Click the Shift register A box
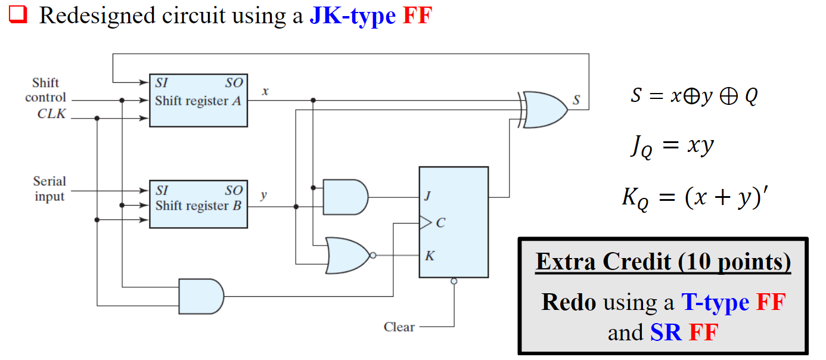pyautogui.click(x=198, y=100)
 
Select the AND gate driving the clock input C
pyautogui.click(x=201, y=296)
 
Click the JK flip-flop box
pyautogui.click(x=454, y=222)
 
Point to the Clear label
pyautogui.click(x=399, y=327)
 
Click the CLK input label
pyautogui.click(x=52, y=113)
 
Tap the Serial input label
pyautogui.click(x=49, y=188)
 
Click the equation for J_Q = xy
pyautogui.click(x=671, y=146)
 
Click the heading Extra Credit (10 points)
pyautogui.click(x=663, y=262)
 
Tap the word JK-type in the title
pyautogui.click(x=352, y=15)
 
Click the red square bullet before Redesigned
pyautogui.click(x=18, y=15)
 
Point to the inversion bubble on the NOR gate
pyautogui.click(x=372, y=256)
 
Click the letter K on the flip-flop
pyautogui.click(x=430, y=256)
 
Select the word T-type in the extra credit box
pyautogui.click(x=715, y=302)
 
